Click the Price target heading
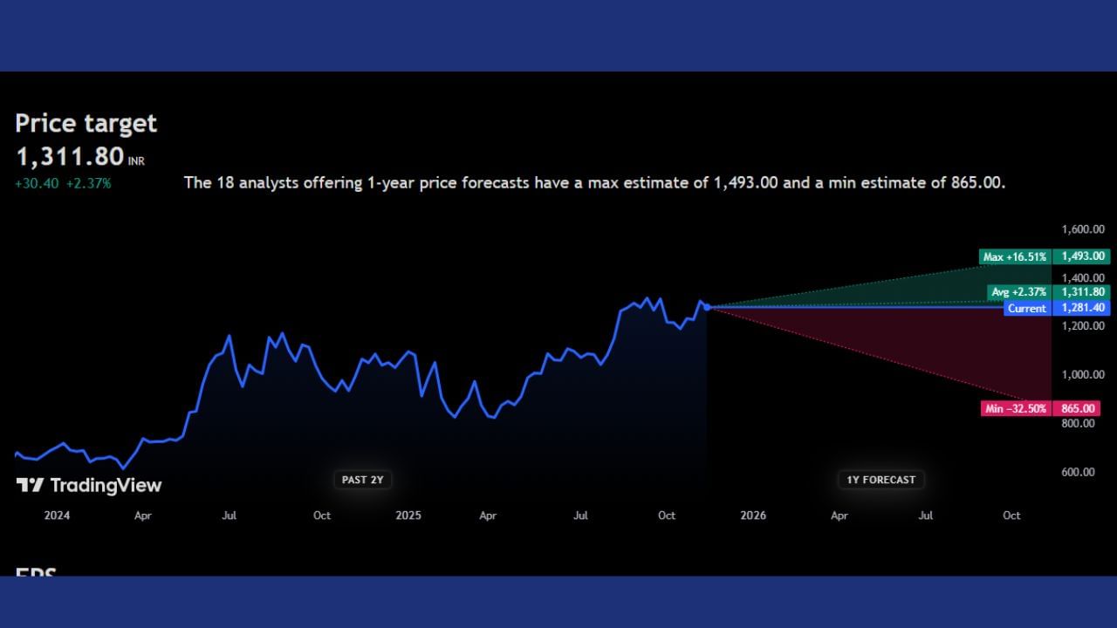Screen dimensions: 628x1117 (86, 123)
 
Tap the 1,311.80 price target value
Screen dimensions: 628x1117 (70, 157)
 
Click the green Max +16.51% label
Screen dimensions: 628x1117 (1014, 256)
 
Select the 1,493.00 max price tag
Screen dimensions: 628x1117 (1082, 256)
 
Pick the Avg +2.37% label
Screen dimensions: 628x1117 (1018, 292)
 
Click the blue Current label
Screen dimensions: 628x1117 (1026, 308)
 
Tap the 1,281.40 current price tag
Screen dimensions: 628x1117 (1082, 308)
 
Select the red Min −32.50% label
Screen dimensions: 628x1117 (1015, 408)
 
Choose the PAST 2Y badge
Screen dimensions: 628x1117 (362, 480)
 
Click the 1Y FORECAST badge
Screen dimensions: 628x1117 (881, 480)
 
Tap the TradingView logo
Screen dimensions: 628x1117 (89, 485)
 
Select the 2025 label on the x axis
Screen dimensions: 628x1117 (408, 515)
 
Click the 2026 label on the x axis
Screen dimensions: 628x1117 (752, 515)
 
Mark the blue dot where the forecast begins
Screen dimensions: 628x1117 (707, 307)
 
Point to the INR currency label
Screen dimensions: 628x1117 (137, 161)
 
